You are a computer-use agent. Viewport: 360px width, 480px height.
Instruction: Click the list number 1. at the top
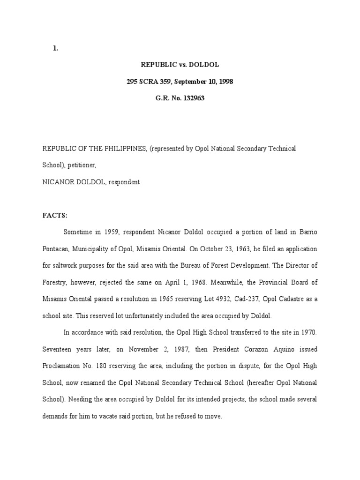[55, 48]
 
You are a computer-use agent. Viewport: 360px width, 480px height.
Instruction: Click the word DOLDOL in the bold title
[203, 65]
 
